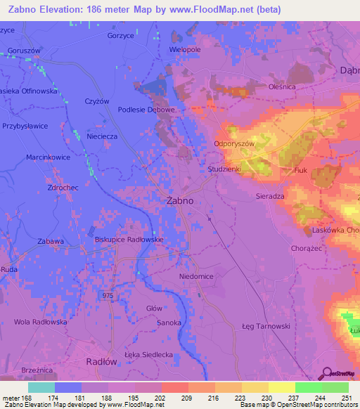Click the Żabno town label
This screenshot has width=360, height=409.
[x=179, y=200]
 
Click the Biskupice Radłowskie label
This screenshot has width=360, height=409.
[x=129, y=239]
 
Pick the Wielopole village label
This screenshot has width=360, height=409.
[x=186, y=51]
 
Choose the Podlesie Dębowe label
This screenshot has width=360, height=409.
[x=146, y=110]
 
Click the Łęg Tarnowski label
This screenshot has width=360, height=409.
[x=266, y=326]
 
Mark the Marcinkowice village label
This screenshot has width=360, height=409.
[x=48, y=157]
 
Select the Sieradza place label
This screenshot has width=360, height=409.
[x=270, y=197]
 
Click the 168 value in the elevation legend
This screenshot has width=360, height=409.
[x=27, y=397]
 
